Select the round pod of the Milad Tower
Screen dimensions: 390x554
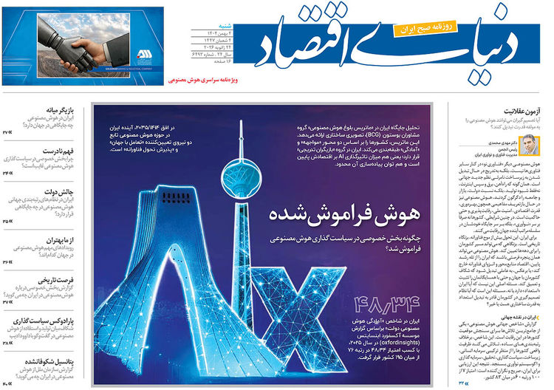point(250,162)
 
